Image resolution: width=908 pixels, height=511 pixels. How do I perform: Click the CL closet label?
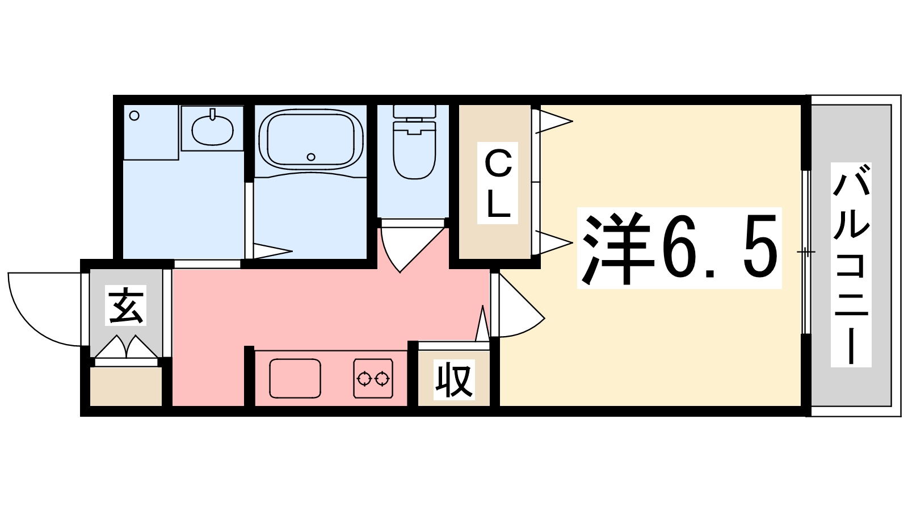498,183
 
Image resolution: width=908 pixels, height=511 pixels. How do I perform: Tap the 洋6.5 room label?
679,248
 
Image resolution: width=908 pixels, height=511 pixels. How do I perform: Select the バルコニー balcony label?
851,264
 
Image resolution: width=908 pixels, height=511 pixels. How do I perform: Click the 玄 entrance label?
126,305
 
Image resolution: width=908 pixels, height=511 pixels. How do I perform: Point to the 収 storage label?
454,380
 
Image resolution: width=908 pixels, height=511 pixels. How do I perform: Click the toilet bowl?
414,152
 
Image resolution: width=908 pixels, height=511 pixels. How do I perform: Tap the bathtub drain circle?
310,157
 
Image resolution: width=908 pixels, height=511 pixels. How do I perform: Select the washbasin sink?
212,130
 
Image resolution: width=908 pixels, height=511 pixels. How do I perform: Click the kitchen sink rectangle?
295,378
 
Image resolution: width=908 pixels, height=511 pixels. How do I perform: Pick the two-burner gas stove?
373,378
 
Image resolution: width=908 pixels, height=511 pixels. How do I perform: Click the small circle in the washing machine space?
134,116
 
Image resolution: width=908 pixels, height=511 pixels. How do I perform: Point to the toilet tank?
414,111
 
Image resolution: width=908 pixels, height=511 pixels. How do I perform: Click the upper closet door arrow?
553,121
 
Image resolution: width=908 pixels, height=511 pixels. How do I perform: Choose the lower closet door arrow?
553,242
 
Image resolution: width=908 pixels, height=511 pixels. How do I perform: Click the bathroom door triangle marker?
271,250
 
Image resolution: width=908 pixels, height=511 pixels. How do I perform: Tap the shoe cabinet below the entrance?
126,386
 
